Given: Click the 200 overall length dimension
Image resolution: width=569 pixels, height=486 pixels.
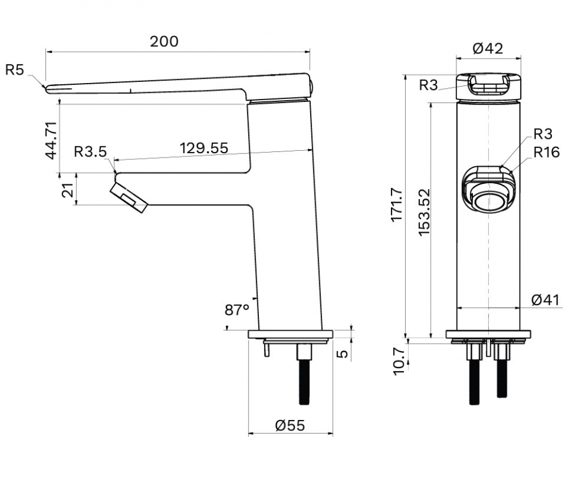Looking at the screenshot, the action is [x=164, y=42].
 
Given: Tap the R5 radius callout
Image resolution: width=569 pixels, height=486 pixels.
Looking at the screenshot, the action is [x=15, y=69].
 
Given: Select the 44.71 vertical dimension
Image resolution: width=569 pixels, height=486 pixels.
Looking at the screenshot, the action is [x=51, y=141].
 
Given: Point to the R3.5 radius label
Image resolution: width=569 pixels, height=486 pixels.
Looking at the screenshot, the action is [x=90, y=152].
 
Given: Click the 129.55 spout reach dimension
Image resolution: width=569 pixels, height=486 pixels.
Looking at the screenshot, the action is [x=204, y=148].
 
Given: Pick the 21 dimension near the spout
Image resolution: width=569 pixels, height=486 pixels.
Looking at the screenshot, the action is [x=68, y=190].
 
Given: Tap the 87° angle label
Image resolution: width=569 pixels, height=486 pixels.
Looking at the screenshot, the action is [x=237, y=310].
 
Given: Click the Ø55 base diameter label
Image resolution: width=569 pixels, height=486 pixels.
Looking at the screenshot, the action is [x=290, y=425].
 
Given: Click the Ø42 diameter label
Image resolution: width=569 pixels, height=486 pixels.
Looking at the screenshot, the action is [x=488, y=48].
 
